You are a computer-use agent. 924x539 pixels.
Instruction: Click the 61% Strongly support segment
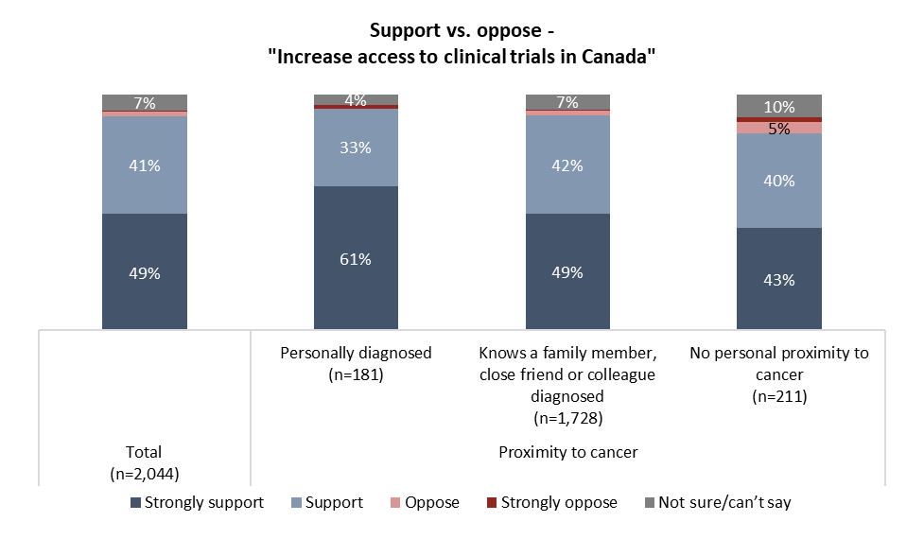point(356,257)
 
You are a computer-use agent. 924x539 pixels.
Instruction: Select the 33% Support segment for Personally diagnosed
point(356,148)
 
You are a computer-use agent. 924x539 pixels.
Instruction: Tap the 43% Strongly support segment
point(779,278)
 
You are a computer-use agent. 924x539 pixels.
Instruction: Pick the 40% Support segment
point(779,181)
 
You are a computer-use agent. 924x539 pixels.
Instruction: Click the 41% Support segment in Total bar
point(145,165)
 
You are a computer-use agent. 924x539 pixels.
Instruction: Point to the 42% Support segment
point(567,165)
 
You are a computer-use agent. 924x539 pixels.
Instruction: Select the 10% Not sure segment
point(779,106)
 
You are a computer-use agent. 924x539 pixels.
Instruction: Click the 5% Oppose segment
point(779,128)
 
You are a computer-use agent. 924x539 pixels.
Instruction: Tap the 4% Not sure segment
point(356,99)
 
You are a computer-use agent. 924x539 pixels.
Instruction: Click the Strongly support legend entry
point(196,503)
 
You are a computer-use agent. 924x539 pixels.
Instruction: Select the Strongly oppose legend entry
point(551,503)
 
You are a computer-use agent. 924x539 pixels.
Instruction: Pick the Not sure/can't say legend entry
point(718,503)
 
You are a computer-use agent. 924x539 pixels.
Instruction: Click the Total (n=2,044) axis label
point(145,461)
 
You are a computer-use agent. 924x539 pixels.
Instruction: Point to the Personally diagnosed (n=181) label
point(356,362)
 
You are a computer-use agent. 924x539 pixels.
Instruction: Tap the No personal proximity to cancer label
point(779,362)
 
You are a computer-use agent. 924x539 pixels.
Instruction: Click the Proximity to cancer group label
point(567,452)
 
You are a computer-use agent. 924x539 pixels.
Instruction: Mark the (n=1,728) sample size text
point(567,417)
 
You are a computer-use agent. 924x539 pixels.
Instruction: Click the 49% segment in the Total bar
point(145,272)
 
